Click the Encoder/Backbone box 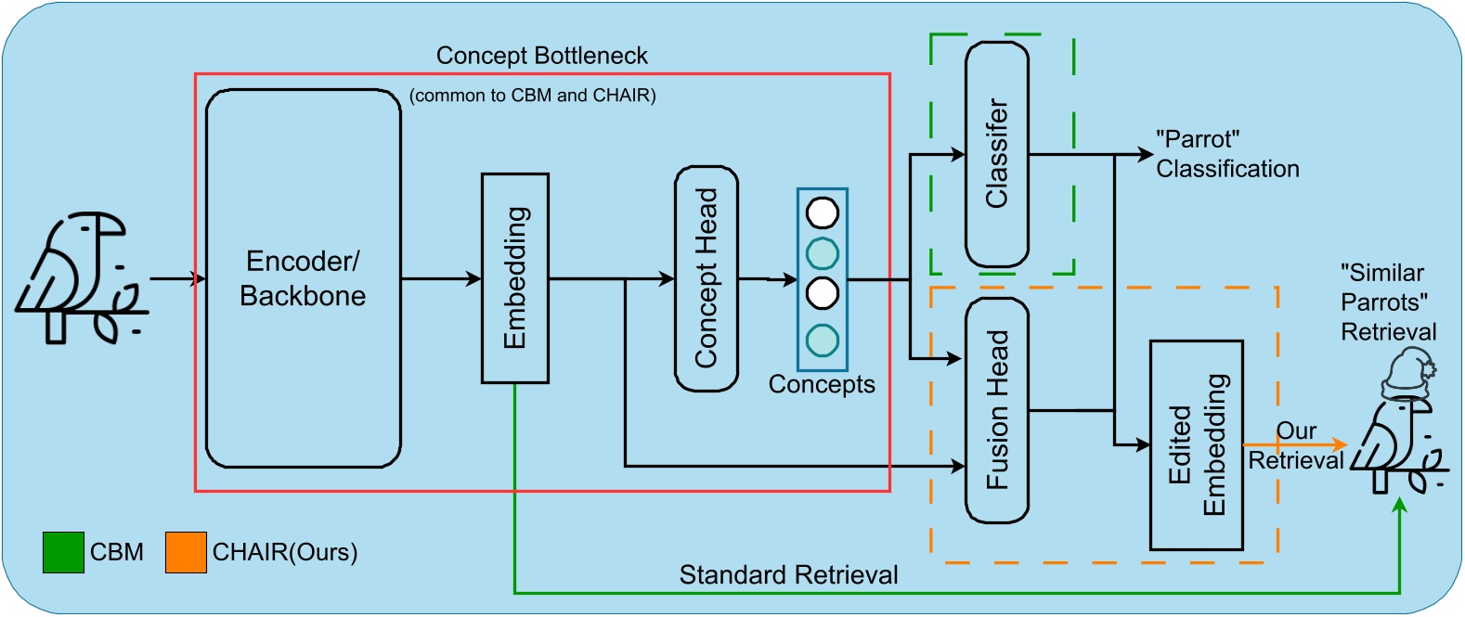pos(303,278)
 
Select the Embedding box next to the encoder pos(514,278)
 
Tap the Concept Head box pos(706,278)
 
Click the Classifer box pos(996,154)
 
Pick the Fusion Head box pos(996,410)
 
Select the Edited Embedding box pos(1196,445)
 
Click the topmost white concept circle pos(822,213)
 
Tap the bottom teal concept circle pos(822,341)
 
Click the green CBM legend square pos(63,552)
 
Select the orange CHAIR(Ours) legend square pos(186,552)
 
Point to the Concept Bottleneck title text pos(541,56)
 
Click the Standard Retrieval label pos(788,575)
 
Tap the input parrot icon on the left pos(82,278)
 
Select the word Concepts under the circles pos(822,384)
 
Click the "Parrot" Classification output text pos(1225,154)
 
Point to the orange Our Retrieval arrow pos(1300,445)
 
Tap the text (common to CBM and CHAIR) pos(533,96)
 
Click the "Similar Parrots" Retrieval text pos(1387,302)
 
